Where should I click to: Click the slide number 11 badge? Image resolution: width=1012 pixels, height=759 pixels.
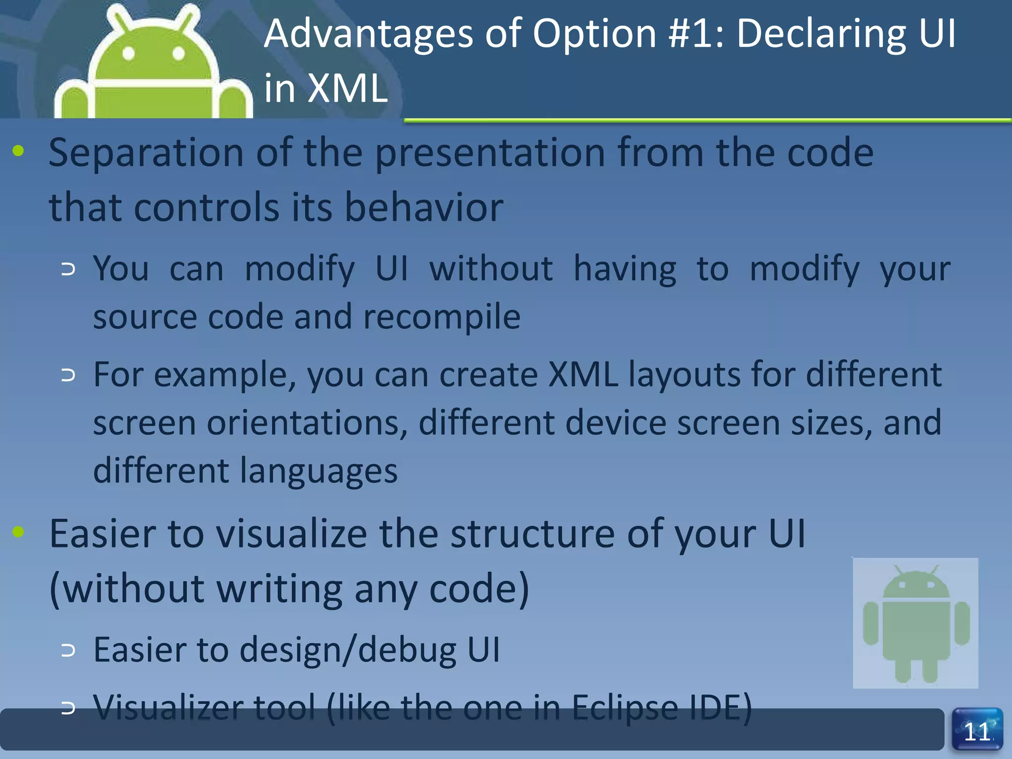click(977, 730)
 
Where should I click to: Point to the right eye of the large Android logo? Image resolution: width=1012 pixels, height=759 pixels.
click(179, 53)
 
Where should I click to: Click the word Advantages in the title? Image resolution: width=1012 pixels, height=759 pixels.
click(369, 34)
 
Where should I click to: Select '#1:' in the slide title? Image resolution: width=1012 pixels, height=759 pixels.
click(696, 34)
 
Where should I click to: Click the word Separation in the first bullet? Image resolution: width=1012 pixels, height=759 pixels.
click(146, 153)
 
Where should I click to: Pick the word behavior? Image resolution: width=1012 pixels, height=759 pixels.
click(423, 207)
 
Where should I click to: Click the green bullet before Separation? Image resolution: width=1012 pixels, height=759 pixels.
click(18, 151)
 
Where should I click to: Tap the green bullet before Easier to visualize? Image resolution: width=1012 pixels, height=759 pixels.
click(18, 532)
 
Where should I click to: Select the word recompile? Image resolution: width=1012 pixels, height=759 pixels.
click(442, 317)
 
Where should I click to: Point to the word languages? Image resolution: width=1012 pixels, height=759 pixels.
click(319, 470)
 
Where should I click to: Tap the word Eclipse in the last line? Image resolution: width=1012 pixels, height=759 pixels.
click(624, 708)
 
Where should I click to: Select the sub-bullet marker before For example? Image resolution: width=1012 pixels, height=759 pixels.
click(68, 375)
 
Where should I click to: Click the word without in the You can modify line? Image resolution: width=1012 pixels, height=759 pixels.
click(491, 269)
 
